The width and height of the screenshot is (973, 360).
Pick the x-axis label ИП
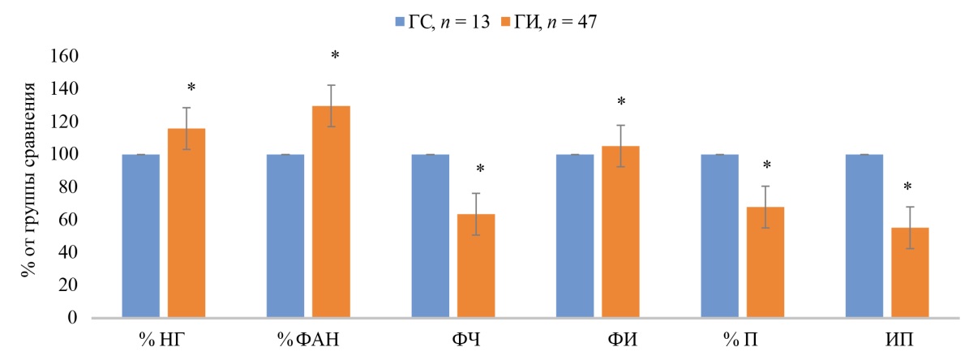click(x=888, y=341)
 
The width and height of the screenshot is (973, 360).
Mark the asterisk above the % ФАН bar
click(x=334, y=56)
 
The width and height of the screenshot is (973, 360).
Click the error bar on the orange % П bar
click(x=765, y=207)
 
